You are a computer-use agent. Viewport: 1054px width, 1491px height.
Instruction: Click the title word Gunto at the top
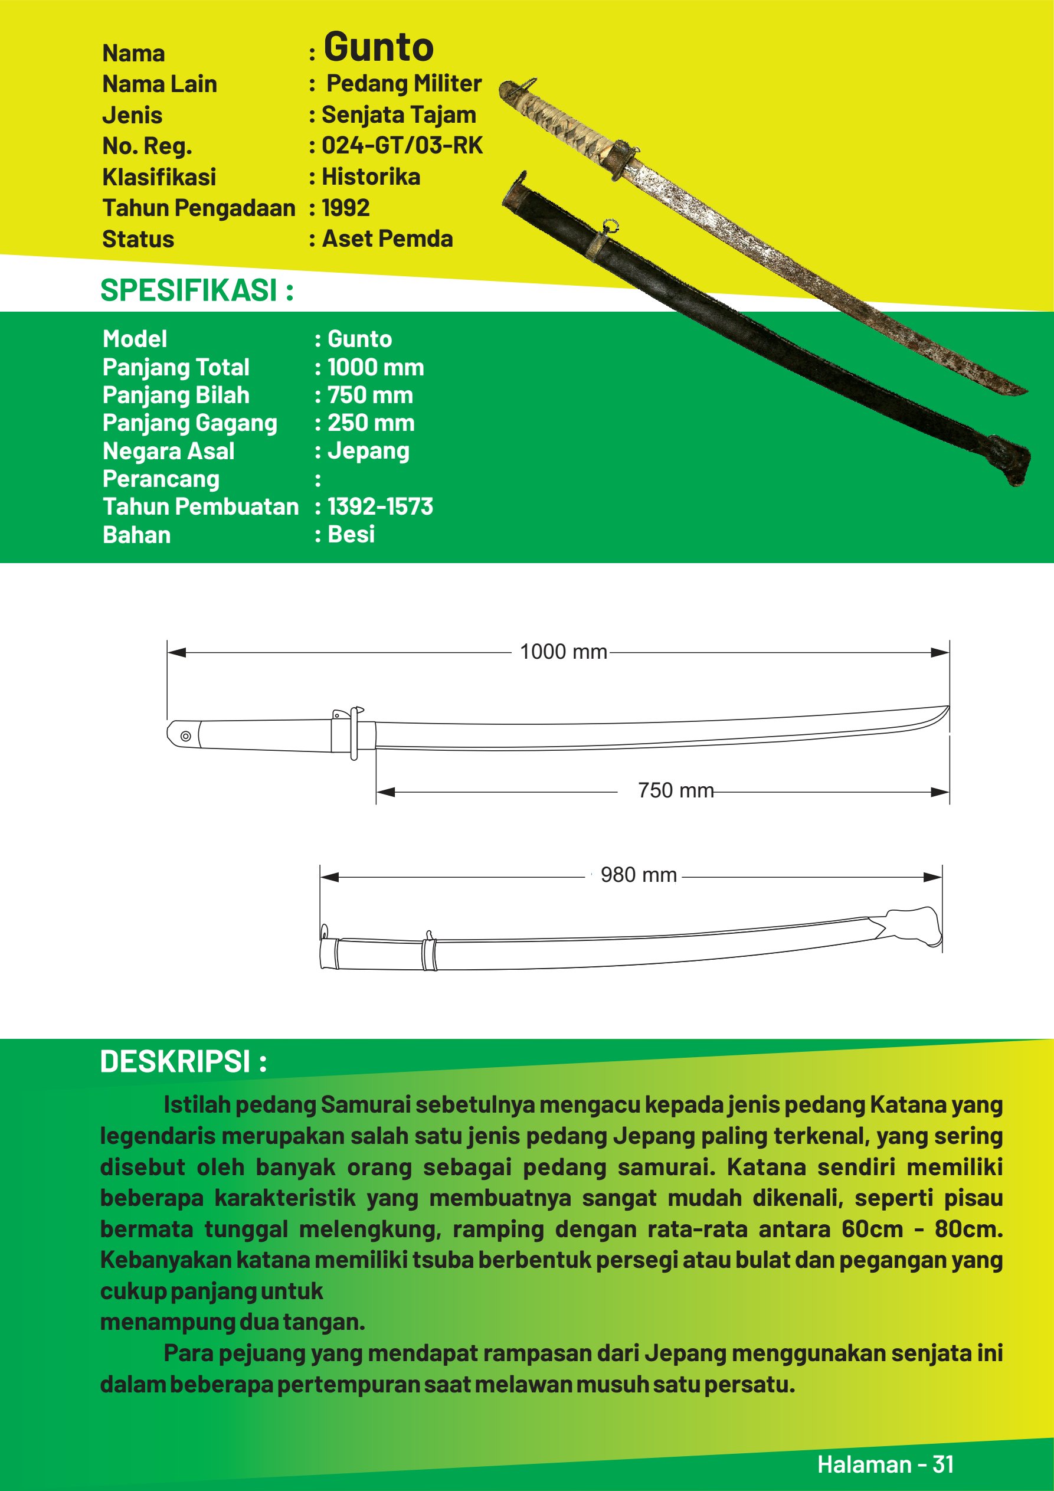point(379,47)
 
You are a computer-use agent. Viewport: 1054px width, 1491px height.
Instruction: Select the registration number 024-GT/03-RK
point(402,145)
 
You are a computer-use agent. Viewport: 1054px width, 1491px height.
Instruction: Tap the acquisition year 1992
point(345,208)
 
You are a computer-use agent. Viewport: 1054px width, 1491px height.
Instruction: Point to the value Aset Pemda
point(387,239)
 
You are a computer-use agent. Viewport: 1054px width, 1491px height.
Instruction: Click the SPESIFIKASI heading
point(197,290)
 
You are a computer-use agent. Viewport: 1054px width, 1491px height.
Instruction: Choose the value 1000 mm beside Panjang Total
point(375,368)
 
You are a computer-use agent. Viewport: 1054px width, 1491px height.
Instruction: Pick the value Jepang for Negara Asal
point(368,452)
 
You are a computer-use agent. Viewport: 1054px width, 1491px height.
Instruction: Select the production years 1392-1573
point(380,506)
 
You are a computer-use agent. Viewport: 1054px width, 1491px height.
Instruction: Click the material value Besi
point(351,534)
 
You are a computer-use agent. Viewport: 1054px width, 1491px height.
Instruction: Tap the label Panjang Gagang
point(189,423)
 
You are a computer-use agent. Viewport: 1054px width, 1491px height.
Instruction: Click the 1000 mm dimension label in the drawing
point(563,652)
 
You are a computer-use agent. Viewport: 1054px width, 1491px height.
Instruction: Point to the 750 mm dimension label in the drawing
point(675,790)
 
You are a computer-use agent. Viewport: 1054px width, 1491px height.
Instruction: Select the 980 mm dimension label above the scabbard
point(639,875)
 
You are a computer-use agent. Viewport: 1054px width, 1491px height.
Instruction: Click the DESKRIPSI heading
point(183,1062)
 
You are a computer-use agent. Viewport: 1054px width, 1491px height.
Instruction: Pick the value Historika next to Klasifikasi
point(371,176)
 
